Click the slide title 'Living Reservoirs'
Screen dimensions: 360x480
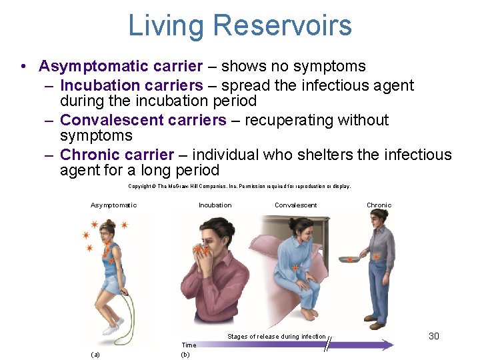coord(240,25)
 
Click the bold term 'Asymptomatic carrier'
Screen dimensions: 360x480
coord(121,66)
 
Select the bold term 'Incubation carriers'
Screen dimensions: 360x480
coord(131,85)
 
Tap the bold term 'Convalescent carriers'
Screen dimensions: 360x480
coord(143,120)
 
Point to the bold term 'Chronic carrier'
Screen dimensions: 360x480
coord(117,155)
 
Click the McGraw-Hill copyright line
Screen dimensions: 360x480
coord(239,187)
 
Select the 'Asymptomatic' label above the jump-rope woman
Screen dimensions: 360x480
coord(113,205)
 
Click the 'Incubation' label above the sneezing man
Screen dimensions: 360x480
coord(215,205)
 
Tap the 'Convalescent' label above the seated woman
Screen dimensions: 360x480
coord(296,205)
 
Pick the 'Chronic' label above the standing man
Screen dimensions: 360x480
coord(379,205)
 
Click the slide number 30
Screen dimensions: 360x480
coord(434,336)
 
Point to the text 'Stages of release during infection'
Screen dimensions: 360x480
coord(277,337)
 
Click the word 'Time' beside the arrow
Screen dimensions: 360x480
coord(189,345)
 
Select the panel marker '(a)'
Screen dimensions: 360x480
coord(95,355)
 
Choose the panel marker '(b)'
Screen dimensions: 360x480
coord(186,355)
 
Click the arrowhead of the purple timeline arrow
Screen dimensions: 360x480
coord(387,345)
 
